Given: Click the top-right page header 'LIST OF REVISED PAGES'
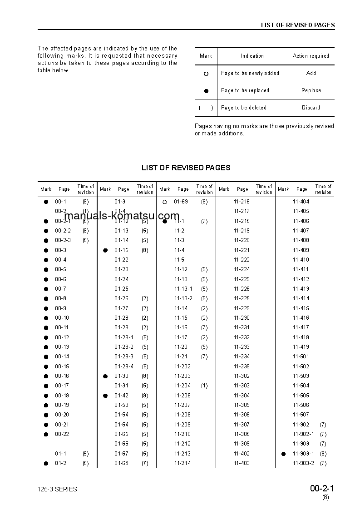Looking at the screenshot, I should pos(297,25).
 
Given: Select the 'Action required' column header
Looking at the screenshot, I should pos(311,56).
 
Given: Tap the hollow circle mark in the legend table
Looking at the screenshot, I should pos(206,74).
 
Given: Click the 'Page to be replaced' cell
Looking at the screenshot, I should pos(245,90).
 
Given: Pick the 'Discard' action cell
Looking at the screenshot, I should pos(311,108).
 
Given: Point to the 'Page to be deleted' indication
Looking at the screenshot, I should pos(244,108).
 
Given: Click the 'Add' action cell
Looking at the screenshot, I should pos(311,73).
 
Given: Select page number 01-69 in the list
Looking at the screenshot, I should pos(181,202).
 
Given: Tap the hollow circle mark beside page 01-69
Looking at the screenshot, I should pos(165,202).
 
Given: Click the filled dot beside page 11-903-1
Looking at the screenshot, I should pos(283,454).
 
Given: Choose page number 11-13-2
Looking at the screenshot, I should pos(183,298).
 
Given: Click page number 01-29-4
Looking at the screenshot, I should pos(124,366).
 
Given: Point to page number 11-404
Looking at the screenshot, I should pos(301,202).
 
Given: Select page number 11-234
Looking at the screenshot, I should pos(242,357).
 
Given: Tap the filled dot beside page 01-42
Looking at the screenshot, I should pos(105,396).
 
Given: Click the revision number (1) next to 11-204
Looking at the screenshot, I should pos(204,386).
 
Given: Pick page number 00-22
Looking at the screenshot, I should pos(62,434).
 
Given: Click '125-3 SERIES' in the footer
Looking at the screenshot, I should pos(57,489).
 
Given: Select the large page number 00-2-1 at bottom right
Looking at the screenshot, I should pos(322,489).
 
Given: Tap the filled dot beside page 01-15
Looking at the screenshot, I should pos(105,250).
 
